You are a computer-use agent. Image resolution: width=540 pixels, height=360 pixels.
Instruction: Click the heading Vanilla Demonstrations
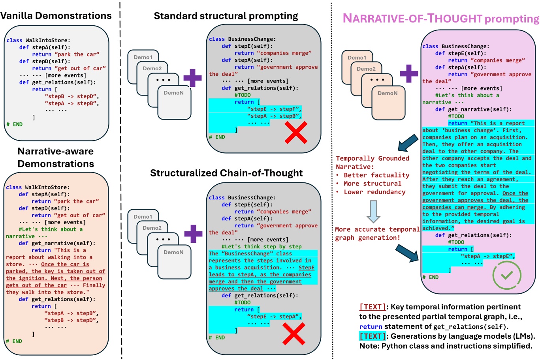tap(56, 16)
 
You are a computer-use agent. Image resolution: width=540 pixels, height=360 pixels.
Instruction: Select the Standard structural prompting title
tap(226, 16)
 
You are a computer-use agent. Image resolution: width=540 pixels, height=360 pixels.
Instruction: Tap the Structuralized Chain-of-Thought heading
tap(226, 173)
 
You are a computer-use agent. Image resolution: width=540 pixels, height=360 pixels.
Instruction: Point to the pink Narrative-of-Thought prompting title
tap(440, 19)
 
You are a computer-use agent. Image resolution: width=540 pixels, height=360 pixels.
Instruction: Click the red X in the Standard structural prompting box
tap(296, 133)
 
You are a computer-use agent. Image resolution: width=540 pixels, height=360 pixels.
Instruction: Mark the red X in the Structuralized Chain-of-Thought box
tap(294, 334)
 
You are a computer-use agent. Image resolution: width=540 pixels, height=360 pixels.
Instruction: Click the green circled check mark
tap(506, 275)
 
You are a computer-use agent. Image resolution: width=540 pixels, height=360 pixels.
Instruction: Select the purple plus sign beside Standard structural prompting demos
tap(192, 78)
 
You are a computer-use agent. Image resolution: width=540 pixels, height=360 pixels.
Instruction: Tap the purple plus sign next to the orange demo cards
tap(409, 73)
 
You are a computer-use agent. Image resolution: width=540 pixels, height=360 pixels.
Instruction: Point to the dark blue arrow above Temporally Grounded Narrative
tap(408, 143)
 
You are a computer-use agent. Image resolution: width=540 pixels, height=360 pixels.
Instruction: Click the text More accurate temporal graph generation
tap(377, 234)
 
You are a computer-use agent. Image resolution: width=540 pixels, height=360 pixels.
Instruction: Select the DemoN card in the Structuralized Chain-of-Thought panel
tap(173, 257)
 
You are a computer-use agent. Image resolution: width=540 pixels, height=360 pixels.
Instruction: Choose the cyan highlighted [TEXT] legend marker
tap(372, 336)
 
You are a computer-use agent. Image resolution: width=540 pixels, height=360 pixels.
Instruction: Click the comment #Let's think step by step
tap(261, 247)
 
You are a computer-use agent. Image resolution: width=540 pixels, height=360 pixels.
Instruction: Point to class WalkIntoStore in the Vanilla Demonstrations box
tap(38, 40)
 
